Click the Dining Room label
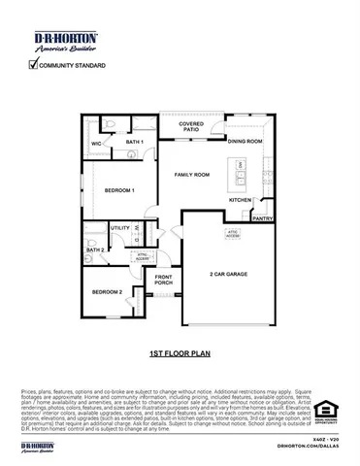click(245, 142)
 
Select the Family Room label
click(192, 174)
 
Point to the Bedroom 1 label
click(119, 189)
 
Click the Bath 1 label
click(135, 143)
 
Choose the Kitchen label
click(241, 200)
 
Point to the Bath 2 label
click(95, 250)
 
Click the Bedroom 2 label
click(107, 292)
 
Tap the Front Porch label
click(164, 281)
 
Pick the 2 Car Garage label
click(229, 275)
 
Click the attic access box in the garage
click(233, 235)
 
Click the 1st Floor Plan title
click(180, 355)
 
